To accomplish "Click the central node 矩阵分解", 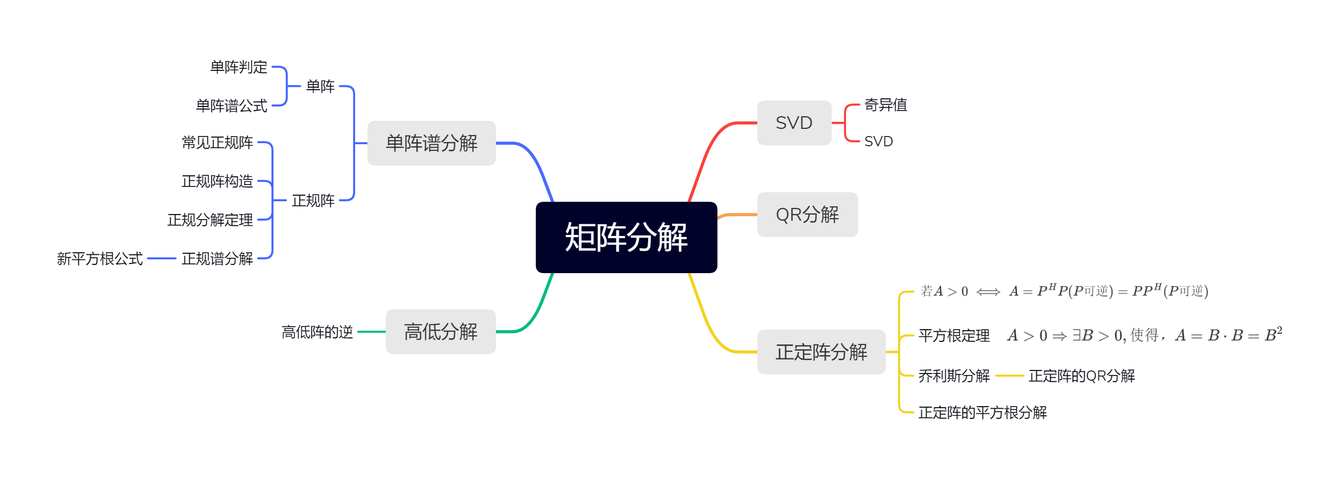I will click(626, 237).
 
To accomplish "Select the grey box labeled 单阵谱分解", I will click(431, 143).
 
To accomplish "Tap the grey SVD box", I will click(793, 123).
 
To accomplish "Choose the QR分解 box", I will click(807, 214).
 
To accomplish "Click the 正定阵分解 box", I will click(821, 352).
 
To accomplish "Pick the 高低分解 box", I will click(440, 331).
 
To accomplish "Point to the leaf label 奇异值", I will click(885, 105).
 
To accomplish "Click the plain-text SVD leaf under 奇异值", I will click(878, 142).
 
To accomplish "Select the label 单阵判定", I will click(238, 67).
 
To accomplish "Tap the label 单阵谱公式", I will click(231, 105).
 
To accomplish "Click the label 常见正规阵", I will click(217, 142).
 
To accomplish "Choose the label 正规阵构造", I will click(217, 181).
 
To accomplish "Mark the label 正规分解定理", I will click(210, 220).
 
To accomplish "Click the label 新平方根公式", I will click(100, 258).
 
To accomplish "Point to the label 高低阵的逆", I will click(317, 332).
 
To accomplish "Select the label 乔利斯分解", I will click(954, 376).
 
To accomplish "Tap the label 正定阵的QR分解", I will click(1081, 376).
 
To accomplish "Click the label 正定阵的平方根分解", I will click(982, 412).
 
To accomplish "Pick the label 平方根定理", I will click(954, 335).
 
